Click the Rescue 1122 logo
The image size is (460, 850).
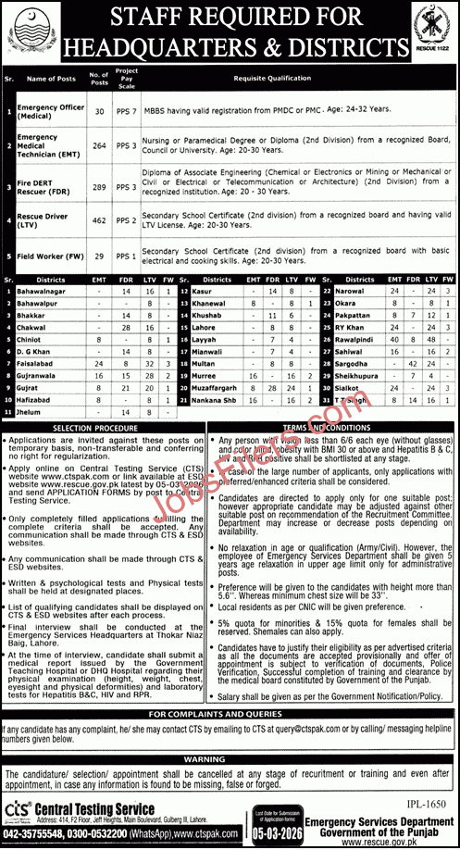click(432, 31)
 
